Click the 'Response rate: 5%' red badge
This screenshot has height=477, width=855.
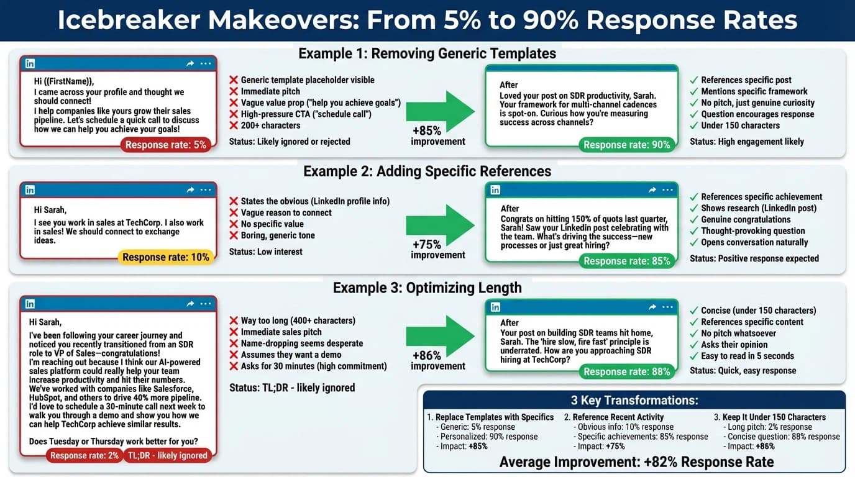point(165,145)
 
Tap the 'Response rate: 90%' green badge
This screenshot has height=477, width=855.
point(626,145)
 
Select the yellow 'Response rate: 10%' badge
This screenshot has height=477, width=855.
point(165,257)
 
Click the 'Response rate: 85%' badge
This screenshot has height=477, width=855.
point(626,261)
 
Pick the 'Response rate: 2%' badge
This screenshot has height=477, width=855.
point(84,455)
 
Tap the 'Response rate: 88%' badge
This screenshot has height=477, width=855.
point(626,371)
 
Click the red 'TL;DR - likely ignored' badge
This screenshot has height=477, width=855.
point(167,455)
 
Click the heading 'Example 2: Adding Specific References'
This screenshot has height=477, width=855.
point(427,171)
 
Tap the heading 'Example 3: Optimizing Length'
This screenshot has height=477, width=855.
point(427,288)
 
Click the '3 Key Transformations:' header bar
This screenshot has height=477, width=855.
point(634,400)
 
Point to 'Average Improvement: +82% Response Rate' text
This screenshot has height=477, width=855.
point(636,461)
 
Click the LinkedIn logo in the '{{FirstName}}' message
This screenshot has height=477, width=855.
point(30,63)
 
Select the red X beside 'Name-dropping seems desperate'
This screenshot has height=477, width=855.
point(234,343)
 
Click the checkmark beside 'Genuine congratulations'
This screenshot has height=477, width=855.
point(694,219)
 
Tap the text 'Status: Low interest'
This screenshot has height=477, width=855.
point(265,252)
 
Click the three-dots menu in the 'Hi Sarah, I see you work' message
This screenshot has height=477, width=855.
point(206,190)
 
